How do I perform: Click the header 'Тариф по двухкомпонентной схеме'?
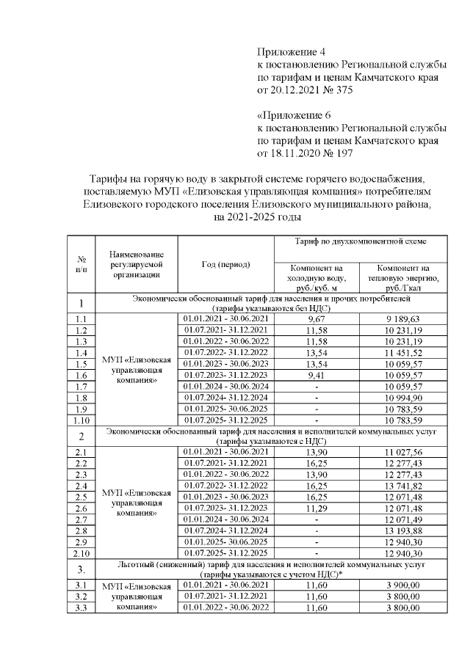[x=359, y=241]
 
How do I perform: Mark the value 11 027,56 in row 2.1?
[x=402, y=453]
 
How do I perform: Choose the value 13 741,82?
[x=402, y=486]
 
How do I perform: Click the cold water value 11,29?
[x=317, y=508]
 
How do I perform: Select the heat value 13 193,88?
[x=402, y=530]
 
